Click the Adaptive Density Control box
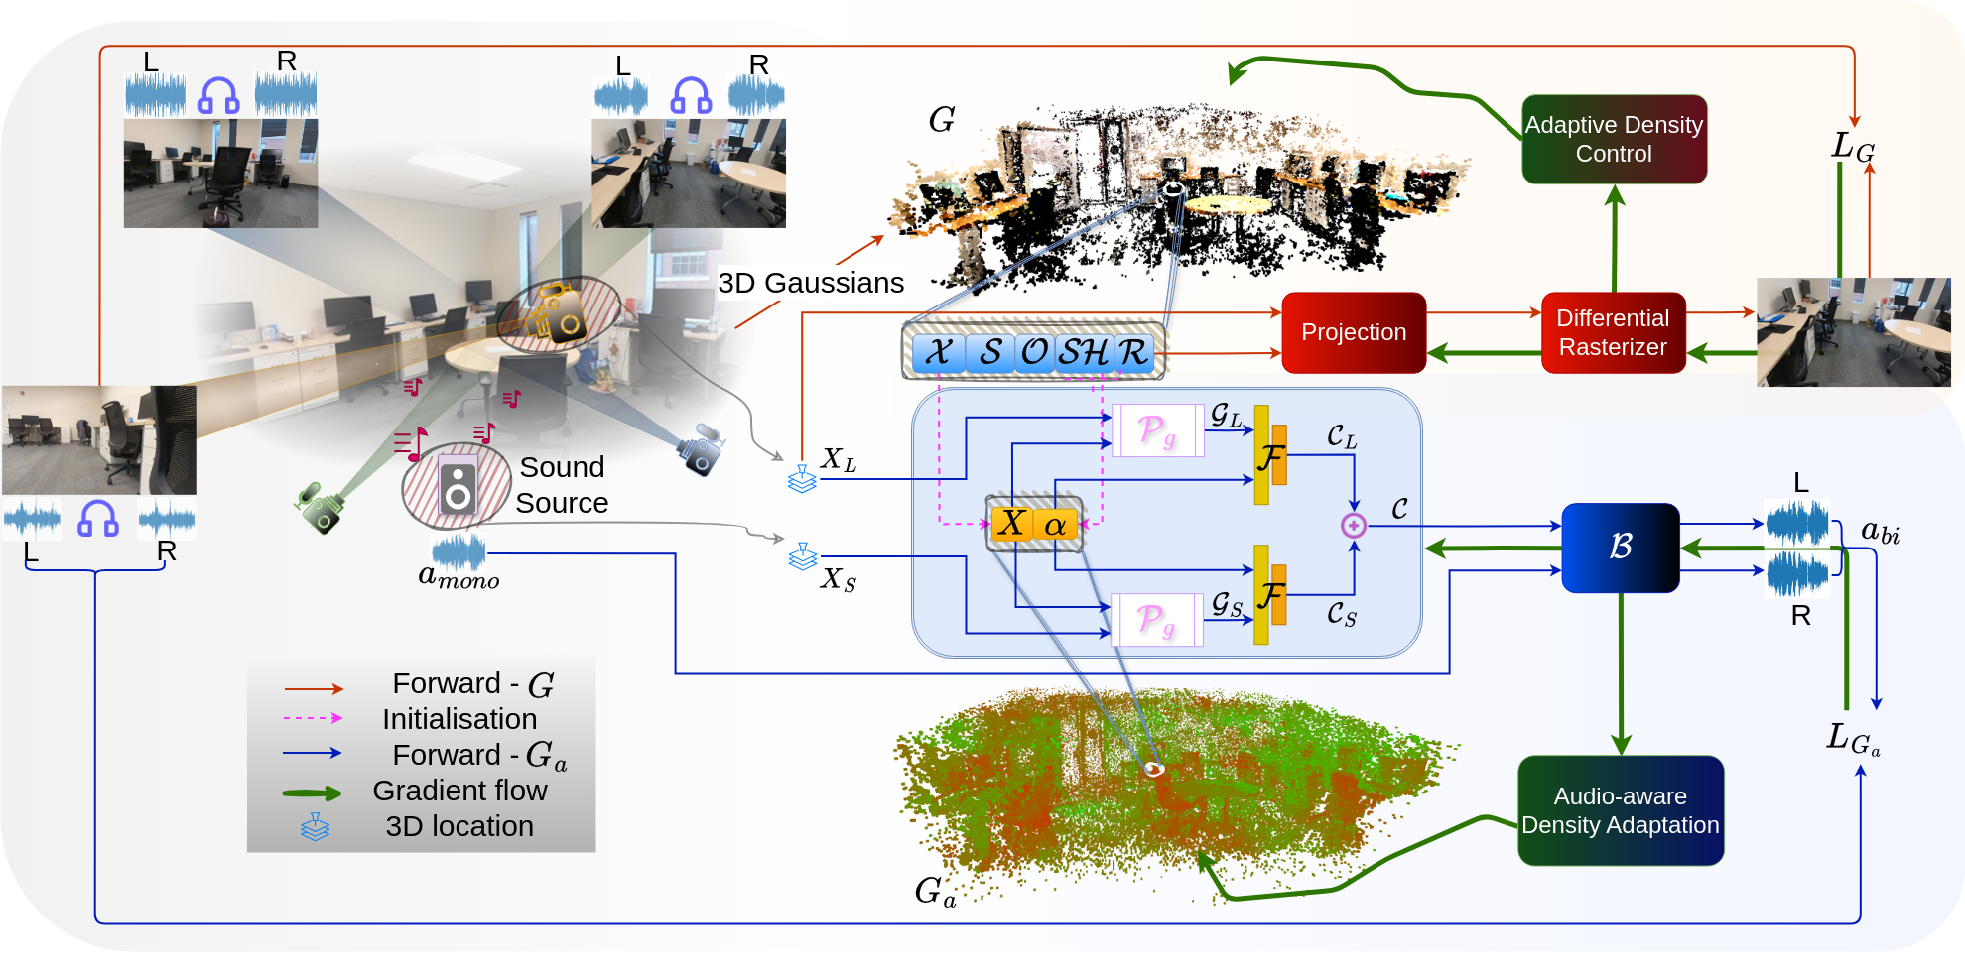[1614, 139]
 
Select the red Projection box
[1354, 332]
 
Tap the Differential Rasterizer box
[1613, 332]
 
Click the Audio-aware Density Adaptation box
[1620, 810]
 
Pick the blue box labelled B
[1620, 547]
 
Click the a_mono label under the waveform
[458, 576]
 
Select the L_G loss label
[1852, 147]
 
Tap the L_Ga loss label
[1852, 739]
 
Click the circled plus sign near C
[1353, 526]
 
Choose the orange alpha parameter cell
[1055, 524]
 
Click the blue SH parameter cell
[1083, 352]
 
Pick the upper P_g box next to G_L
[1157, 430]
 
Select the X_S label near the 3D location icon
[838, 579]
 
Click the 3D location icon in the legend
[315, 827]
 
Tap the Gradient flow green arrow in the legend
[312, 793]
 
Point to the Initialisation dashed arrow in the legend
[312, 718]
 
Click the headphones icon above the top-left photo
[218, 96]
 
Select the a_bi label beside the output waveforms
[1880, 533]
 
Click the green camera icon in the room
[320, 508]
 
